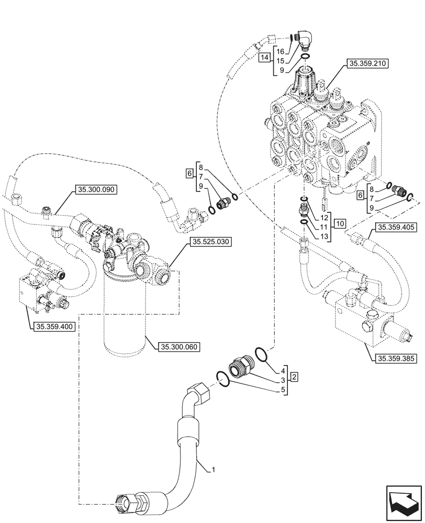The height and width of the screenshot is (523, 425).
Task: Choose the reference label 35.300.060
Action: [x=180, y=346]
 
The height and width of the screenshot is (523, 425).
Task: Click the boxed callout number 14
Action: [x=265, y=56]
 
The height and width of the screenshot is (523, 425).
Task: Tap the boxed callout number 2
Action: [x=295, y=377]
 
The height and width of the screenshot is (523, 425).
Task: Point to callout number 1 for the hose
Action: [x=214, y=471]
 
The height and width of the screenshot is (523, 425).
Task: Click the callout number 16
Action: [x=280, y=51]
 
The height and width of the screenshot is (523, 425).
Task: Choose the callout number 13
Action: [x=324, y=236]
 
